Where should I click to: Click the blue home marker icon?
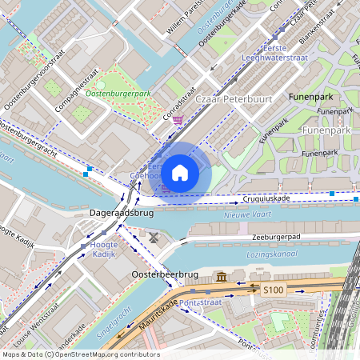[x=180, y=172]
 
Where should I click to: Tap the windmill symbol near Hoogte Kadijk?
[x=154, y=238]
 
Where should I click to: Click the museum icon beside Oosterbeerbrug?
[x=221, y=277]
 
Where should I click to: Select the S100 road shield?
[x=274, y=291]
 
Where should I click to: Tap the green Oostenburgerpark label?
[x=118, y=94]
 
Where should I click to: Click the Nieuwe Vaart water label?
[x=248, y=214]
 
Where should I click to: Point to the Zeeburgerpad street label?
[x=273, y=236]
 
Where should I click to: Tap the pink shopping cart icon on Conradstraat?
[x=177, y=120]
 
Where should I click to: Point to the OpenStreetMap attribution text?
[x=80, y=354]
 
